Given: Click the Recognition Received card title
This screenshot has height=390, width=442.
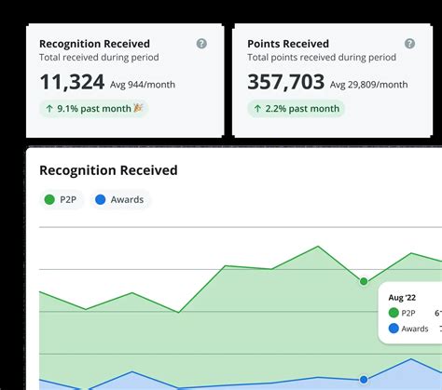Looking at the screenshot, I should [x=94, y=44].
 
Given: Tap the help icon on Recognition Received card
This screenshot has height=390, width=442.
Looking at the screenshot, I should [x=201, y=44].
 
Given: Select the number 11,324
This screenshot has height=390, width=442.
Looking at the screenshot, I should [x=72, y=83].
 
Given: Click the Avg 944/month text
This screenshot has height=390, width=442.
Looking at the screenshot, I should [x=143, y=85].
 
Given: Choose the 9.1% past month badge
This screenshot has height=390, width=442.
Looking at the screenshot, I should [x=93, y=109].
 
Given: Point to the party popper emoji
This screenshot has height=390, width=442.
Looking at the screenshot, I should [x=139, y=109].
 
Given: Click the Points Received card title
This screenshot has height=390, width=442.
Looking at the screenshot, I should [x=288, y=44].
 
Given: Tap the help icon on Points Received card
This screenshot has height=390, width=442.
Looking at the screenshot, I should [x=409, y=44].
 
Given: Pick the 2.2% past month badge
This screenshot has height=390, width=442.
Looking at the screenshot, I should [x=296, y=109].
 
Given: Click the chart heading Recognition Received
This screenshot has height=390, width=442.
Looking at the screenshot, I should [x=108, y=170].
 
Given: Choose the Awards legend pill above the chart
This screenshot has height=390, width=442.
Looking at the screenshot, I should [x=120, y=199].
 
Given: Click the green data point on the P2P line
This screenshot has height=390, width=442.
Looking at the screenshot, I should [x=364, y=280].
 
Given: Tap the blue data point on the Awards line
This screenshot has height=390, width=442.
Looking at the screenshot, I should [x=364, y=379].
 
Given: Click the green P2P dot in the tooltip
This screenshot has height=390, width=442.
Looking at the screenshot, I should [x=394, y=313].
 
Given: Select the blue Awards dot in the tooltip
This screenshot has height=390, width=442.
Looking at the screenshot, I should [x=394, y=329].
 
